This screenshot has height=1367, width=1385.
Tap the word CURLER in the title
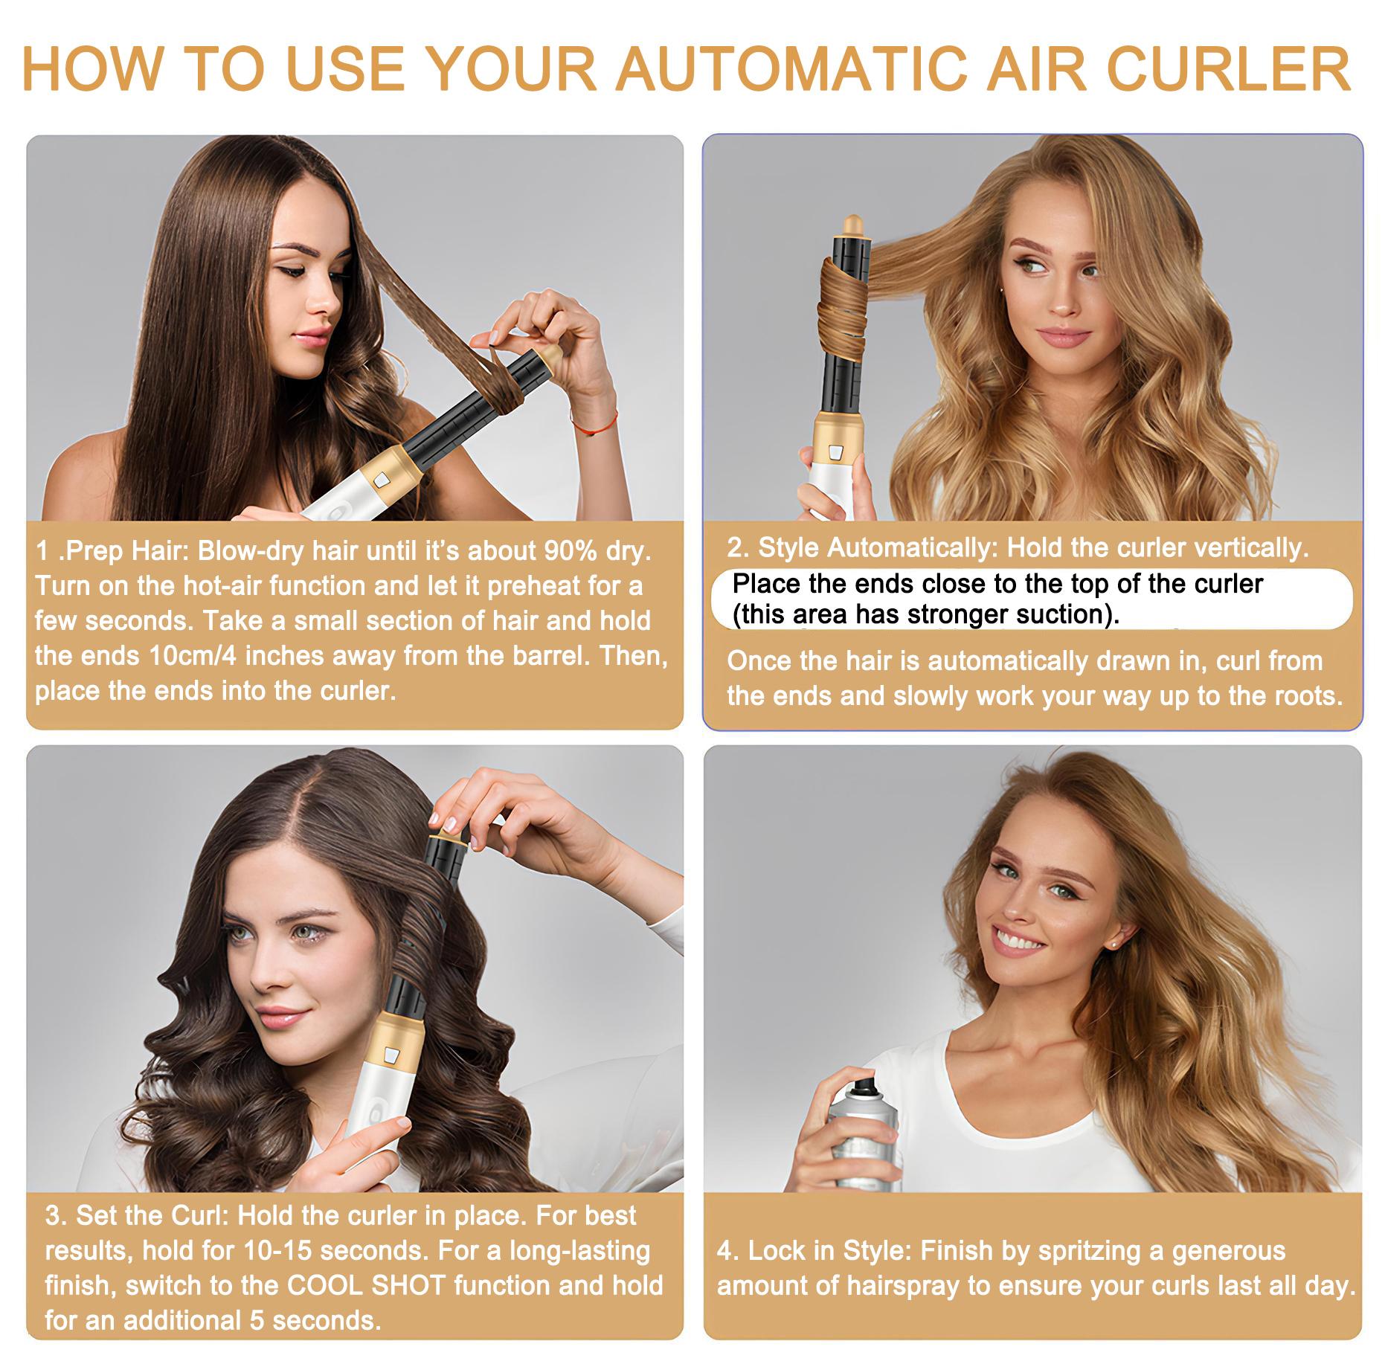click(1228, 68)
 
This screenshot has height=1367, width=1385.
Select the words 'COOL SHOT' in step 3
click(365, 1285)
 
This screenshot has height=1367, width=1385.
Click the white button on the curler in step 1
click(382, 479)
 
